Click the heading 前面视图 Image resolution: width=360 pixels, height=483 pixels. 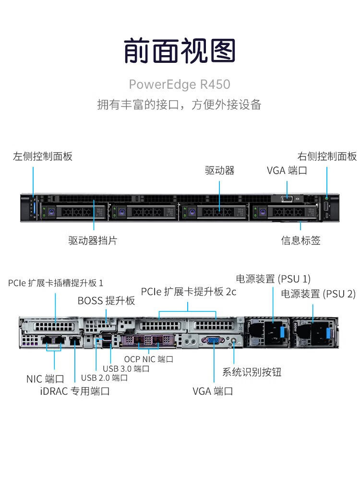180,50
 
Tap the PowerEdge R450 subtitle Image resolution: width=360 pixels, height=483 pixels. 180,84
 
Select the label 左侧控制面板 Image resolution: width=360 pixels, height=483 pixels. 43,156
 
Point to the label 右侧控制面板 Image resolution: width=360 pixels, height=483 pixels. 327,156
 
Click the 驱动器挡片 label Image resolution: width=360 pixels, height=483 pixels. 93,240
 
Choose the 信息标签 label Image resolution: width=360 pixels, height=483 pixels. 300,240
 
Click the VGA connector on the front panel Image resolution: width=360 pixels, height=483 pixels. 287,199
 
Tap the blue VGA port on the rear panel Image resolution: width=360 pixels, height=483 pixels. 213,341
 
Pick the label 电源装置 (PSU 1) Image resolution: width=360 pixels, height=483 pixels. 273,279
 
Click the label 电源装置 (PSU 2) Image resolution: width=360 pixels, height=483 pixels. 318,294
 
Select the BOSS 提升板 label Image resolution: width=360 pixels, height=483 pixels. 107,300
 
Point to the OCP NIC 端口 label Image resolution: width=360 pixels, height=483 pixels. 149,359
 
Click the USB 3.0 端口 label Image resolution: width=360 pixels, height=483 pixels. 126,368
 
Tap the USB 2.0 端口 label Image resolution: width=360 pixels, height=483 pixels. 104,377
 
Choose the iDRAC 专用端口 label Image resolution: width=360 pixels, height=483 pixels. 75,391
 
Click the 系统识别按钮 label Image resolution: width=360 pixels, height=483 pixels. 252,372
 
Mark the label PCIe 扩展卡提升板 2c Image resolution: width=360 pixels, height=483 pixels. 189,292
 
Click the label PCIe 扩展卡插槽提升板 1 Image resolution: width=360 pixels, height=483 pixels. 56,283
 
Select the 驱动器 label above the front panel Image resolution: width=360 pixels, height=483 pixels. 220,170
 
